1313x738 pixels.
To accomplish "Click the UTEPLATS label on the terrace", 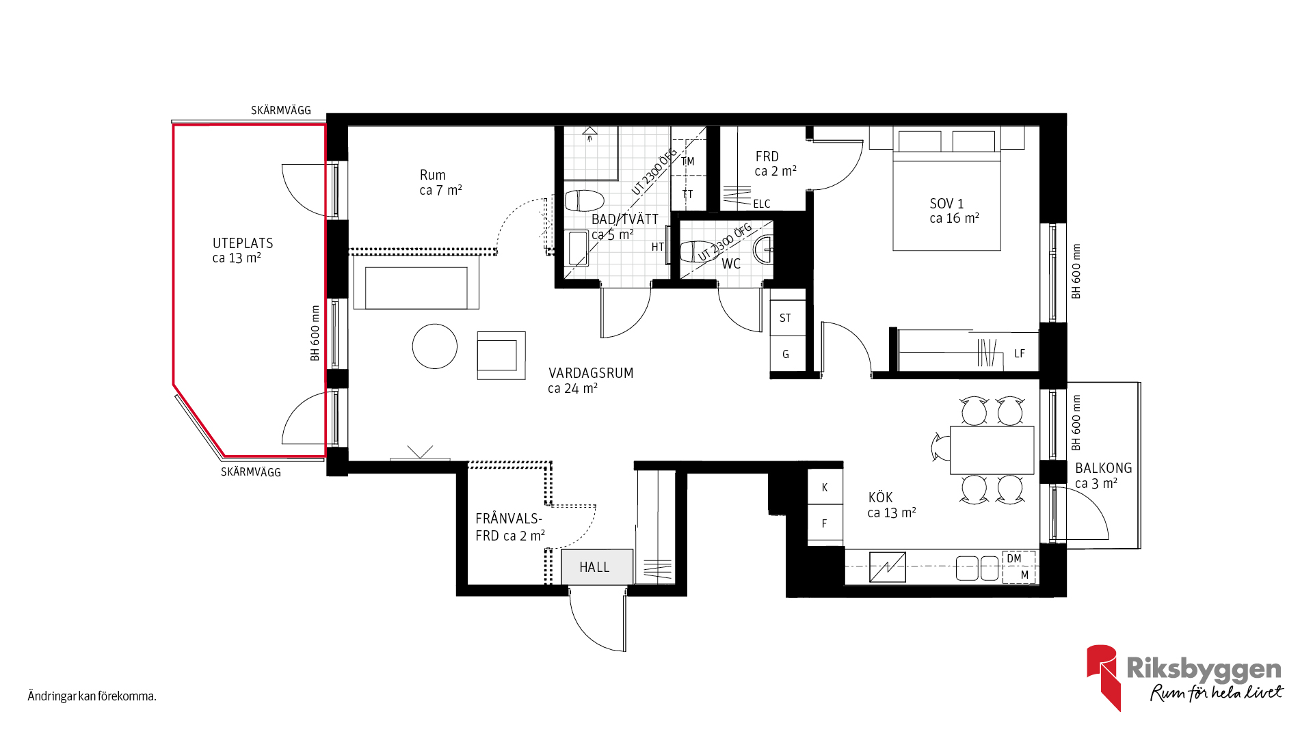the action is click(x=243, y=243).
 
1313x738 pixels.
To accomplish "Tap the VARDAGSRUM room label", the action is click(x=591, y=373).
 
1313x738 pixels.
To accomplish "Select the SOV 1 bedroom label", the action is click(x=946, y=204).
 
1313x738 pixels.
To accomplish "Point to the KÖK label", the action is click(x=880, y=497).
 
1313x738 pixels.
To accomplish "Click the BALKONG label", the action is click(x=1103, y=468).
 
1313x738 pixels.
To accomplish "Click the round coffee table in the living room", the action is click(x=434, y=346).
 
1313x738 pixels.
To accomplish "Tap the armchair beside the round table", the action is click(x=501, y=355).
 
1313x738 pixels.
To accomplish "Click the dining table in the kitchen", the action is click(x=992, y=450).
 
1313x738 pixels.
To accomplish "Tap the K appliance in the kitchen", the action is click(x=825, y=487).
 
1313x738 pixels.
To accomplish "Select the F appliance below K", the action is click(x=825, y=523).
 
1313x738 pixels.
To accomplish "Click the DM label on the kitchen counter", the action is click(x=1013, y=558).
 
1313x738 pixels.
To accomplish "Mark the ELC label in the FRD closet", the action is click(x=761, y=204).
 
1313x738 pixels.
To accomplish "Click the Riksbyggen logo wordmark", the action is click(x=1204, y=669).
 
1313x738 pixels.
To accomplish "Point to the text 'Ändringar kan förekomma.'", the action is click(x=92, y=696).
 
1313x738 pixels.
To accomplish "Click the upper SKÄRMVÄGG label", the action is click(x=280, y=110).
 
